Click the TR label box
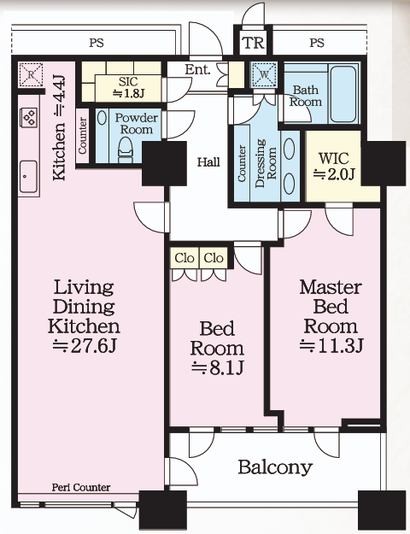click(x=253, y=43)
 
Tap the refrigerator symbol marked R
click(x=31, y=74)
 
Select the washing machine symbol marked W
click(x=264, y=74)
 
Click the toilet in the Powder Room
click(x=126, y=150)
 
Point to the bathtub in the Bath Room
click(x=344, y=94)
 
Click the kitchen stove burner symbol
click(x=29, y=117)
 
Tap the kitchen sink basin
click(x=28, y=176)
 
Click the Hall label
click(x=208, y=161)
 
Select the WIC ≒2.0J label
click(x=334, y=166)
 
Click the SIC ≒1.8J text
click(x=128, y=87)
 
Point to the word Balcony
click(x=275, y=467)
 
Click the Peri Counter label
click(x=81, y=488)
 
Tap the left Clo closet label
click(x=184, y=258)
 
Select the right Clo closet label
click(x=214, y=258)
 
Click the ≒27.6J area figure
click(x=85, y=346)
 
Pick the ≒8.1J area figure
click(x=217, y=367)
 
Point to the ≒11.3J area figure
click(x=331, y=345)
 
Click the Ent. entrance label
click(x=197, y=70)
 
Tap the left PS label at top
click(x=97, y=44)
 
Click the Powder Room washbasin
click(x=102, y=118)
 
